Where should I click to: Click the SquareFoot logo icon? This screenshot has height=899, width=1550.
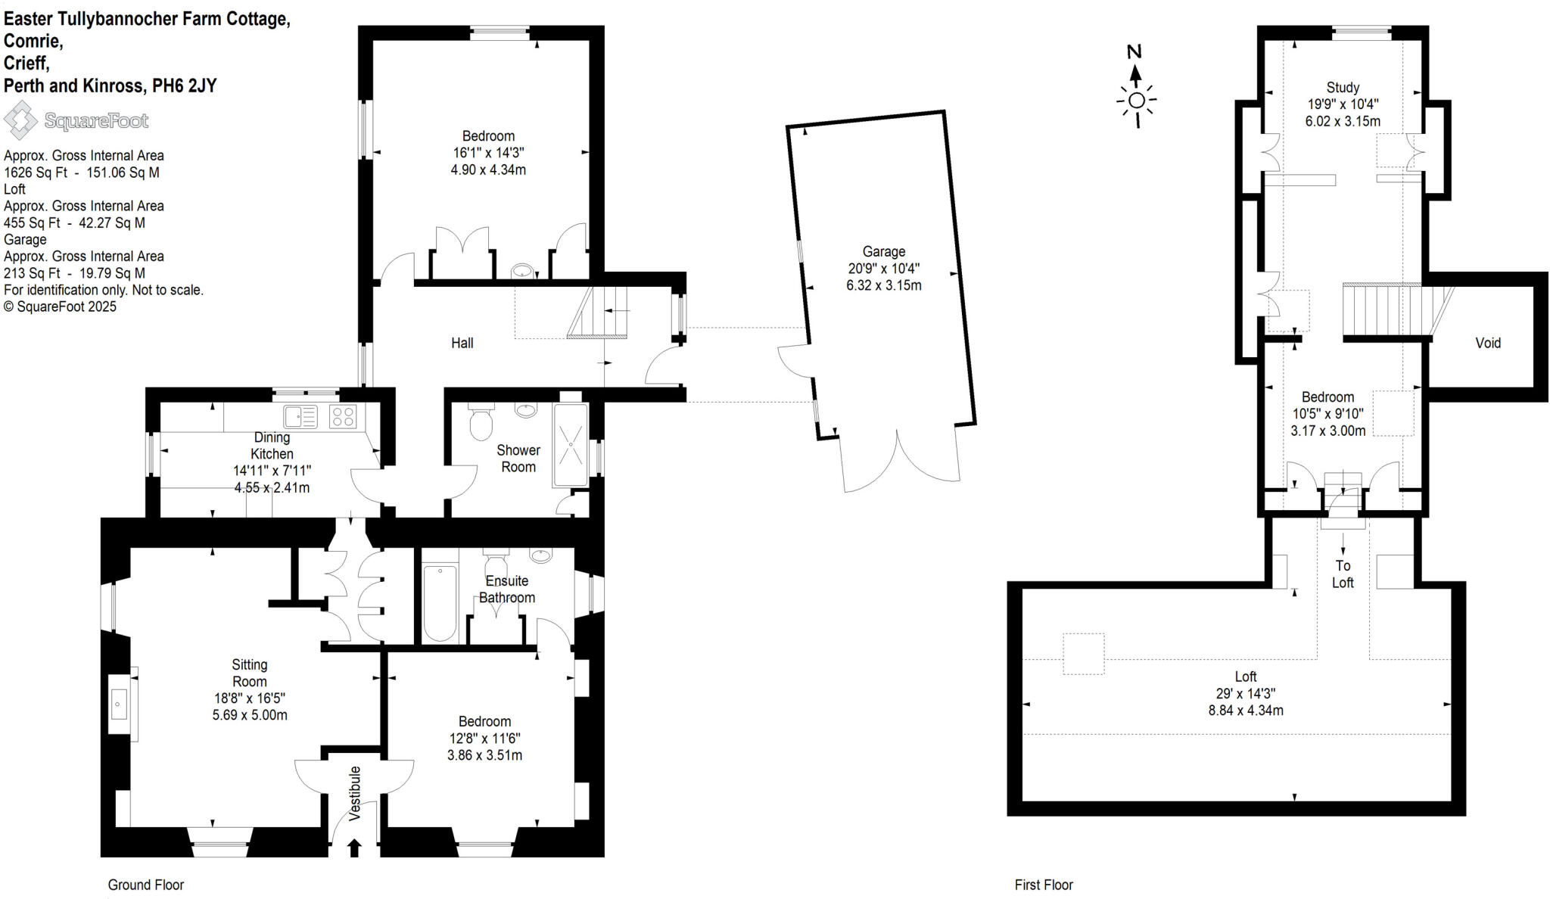pos(20,120)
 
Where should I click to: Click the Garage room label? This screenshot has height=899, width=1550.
pos(883,251)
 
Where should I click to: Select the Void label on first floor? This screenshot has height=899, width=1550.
pos(1487,343)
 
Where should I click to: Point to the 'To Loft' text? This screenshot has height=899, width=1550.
pos(1343,574)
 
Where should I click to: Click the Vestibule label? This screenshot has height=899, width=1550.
pos(355,793)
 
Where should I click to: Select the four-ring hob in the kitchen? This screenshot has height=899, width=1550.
pos(343,416)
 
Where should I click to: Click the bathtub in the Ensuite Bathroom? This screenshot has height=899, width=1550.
pos(440,602)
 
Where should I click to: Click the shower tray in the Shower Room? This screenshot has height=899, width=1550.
pos(571,445)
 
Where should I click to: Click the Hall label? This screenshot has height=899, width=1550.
pos(462,343)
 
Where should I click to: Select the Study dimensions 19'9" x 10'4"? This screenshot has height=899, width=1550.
pos(1343,104)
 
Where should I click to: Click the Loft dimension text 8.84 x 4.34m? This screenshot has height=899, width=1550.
pos(1245,710)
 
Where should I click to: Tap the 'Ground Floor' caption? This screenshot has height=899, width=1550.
pos(145,885)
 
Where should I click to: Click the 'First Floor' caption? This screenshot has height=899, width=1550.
pos(1043,885)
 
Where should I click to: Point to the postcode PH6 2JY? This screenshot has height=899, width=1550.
pos(185,86)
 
